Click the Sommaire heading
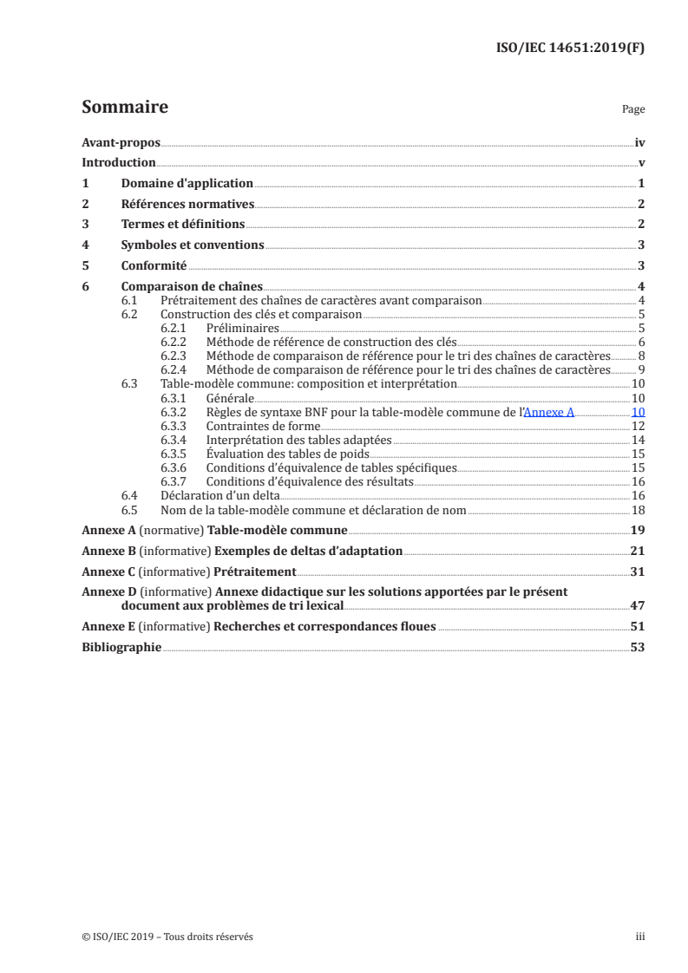coord(124,108)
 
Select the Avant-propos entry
coord(121,142)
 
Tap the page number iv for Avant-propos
coord(639,142)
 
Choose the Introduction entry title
coord(118,163)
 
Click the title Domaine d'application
coord(187,184)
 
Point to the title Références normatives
coord(187,205)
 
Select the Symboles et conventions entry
coord(193,245)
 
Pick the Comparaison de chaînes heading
coord(192,287)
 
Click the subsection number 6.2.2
coord(177,343)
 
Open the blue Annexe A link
coord(549,413)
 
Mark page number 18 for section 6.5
coord(639,510)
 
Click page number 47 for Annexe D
coord(638,606)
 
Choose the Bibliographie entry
coord(121,648)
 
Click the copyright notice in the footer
coord(167,937)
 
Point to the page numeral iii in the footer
coord(640,937)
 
